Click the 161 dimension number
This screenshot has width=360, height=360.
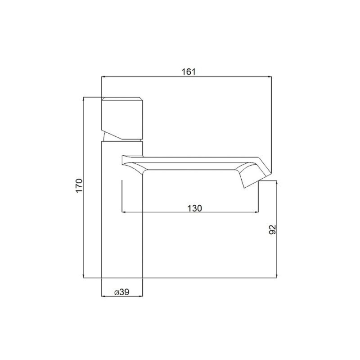point(189,72)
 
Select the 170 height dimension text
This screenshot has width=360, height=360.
point(79,185)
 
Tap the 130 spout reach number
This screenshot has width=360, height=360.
point(195,208)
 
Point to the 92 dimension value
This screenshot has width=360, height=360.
point(272,229)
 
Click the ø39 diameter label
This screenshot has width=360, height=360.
point(122,292)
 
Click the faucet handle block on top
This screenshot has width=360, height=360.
point(122,118)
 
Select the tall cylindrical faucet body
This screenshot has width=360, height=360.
point(122,210)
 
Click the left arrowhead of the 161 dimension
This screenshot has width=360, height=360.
point(103,76)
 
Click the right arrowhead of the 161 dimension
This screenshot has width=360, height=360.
point(270,76)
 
